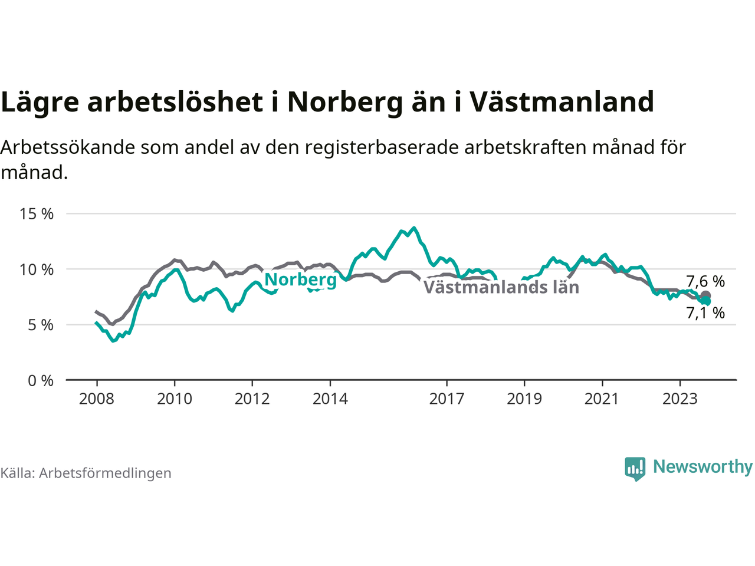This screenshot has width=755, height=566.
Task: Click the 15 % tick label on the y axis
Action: click(x=37, y=214)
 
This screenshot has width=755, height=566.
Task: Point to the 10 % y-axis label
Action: click(x=37, y=270)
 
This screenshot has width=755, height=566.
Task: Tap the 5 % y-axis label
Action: click(x=41, y=325)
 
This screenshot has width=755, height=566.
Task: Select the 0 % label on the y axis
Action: click(x=41, y=381)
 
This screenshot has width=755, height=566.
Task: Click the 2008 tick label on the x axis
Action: click(x=97, y=399)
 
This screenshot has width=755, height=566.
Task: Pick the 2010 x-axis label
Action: click(x=175, y=399)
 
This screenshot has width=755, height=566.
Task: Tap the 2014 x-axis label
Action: click(x=330, y=399)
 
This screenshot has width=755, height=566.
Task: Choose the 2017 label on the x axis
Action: click(x=447, y=399)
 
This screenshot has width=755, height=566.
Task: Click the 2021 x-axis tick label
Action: click(x=602, y=399)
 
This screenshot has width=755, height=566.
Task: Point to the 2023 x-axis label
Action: click(x=680, y=399)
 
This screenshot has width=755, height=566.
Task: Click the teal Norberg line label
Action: click(x=300, y=280)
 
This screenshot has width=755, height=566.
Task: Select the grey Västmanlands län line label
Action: click(x=501, y=287)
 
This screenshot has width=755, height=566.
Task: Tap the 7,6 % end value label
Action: click(x=705, y=282)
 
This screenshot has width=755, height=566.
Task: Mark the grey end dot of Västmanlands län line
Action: click(x=706, y=295)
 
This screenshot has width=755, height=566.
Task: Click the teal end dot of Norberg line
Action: click(x=707, y=301)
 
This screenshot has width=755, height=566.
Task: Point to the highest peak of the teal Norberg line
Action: click(x=414, y=228)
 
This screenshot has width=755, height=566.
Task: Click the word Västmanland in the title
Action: click(x=562, y=102)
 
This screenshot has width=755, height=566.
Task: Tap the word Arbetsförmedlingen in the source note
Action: click(x=105, y=473)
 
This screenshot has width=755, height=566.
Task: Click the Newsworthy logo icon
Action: click(x=635, y=469)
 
